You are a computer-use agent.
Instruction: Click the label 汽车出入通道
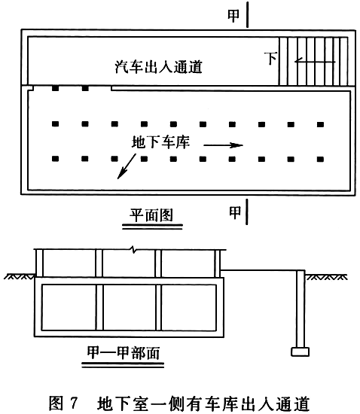[159, 66]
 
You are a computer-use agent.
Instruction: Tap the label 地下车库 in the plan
[161, 142]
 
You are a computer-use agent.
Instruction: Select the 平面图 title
[151, 215]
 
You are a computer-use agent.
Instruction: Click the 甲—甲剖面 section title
[124, 353]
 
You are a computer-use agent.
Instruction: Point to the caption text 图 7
[63, 403]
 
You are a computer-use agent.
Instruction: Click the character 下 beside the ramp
[270, 59]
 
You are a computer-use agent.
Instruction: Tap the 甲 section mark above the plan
[233, 16]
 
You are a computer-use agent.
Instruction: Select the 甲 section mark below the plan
[235, 212]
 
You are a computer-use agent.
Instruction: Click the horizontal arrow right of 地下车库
[223, 145]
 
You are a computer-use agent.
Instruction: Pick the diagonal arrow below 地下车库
[127, 166]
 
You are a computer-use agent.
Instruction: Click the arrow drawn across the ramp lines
[315, 62]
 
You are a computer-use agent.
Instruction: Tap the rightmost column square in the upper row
[320, 124]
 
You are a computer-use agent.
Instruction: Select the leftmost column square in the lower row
[55, 159]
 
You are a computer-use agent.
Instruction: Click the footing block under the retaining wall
[300, 352]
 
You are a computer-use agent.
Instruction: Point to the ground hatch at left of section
[20, 276]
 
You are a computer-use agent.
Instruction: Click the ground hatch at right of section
[326, 277]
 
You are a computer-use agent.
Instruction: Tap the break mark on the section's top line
[134, 249]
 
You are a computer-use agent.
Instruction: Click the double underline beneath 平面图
[152, 227]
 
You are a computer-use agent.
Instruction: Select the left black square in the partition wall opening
[55, 88]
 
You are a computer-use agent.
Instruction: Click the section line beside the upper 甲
[248, 14]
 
